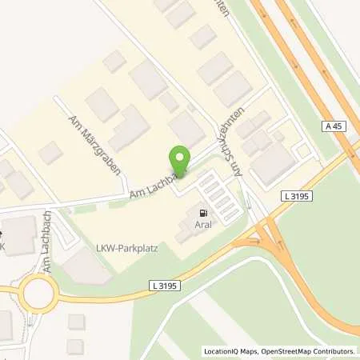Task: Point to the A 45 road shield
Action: pyautogui.click(x=334, y=126)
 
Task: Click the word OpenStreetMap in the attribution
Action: pyautogui.click(x=283, y=351)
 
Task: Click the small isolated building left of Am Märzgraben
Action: pyautogui.click(x=50, y=152)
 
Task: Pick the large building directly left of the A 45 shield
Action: pyautogui.click(x=274, y=163)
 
